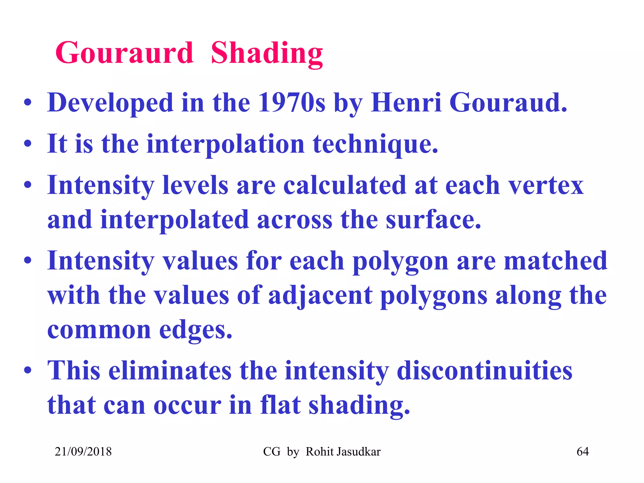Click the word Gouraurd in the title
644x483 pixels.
(124, 53)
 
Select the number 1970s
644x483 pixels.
(291, 103)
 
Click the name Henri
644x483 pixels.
(406, 103)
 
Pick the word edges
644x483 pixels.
(196, 330)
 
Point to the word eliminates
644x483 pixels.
(170, 370)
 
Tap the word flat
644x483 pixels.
(280, 405)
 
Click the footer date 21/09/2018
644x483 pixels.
(83, 452)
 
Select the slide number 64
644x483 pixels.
(582, 452)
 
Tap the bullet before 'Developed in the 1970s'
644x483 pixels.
(28, 103)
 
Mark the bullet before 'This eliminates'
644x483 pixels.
(28, 370)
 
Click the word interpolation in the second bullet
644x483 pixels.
(225, 144)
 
